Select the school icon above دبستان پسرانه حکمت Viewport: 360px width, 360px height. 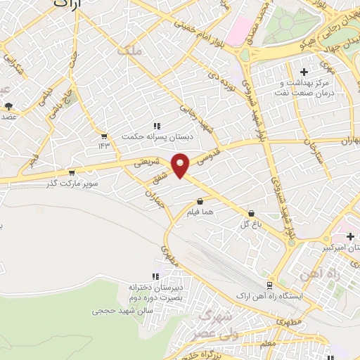point(156,126)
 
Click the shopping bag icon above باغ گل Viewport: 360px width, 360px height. point(251,212)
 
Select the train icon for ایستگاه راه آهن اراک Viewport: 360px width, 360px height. point(269,285)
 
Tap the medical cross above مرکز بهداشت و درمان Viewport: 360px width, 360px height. point(303,72)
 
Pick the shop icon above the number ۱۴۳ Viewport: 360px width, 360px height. point(105,136)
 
